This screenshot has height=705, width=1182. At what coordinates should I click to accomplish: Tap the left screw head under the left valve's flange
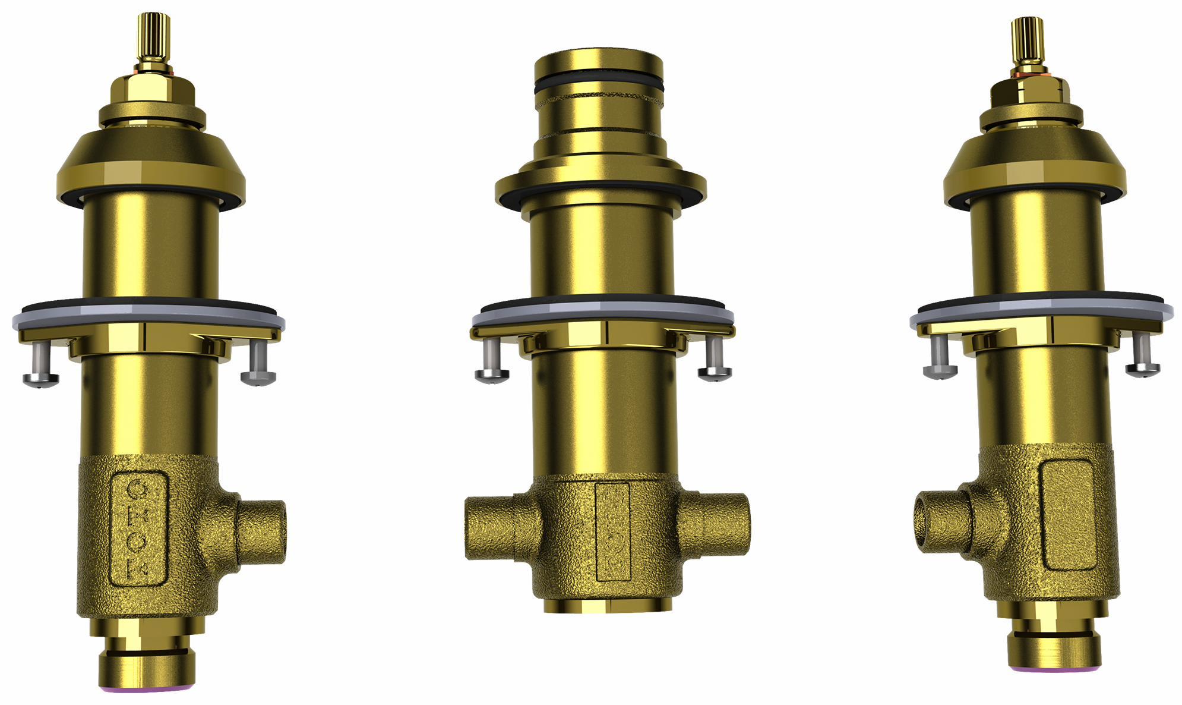pyautogui.click(x=40, y=379)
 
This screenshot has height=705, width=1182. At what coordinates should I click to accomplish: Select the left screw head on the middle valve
pyautogui.click(x=492, y=373)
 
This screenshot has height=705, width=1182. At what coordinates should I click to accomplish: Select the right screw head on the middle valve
pyautogui.click(x=715, y=372)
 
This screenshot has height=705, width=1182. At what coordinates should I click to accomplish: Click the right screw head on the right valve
pyautogui.click(x=1142, y=369)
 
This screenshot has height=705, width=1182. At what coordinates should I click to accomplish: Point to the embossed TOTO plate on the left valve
pyautogui.click(x=138, y=528)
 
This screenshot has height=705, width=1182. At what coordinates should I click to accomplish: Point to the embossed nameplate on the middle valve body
pyautogui.click(x=612, y=530)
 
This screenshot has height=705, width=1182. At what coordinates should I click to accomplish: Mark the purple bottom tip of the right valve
pyautogui.click(x=1054, y=669)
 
